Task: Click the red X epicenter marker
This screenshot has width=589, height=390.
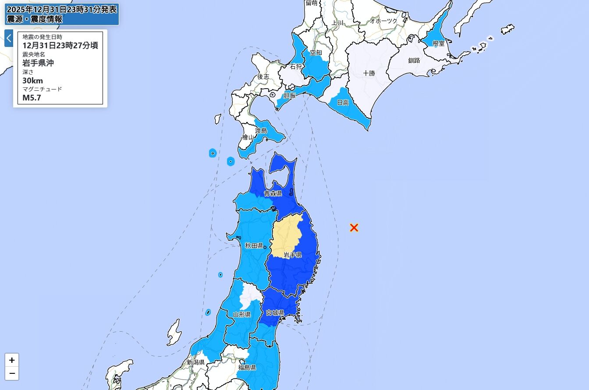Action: tap(354, 228)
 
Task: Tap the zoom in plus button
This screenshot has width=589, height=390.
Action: tap(12, 360)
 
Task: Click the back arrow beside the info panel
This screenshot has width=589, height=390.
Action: tap(9, 38)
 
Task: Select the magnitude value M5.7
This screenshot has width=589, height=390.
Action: tap(32, 98)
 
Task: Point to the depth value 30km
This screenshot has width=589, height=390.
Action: tap(33, 80)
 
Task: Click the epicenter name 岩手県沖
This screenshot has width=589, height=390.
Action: tap(38, 63)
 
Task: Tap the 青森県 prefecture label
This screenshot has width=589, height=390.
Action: tap(273, 193)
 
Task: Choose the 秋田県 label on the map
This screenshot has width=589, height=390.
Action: tap(254, 245)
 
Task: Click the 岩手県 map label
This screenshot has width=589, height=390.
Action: tap(292, 255)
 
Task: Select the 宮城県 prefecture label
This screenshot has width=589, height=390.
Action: tap(275, 313)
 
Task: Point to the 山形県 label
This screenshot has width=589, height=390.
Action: tap(241, 314)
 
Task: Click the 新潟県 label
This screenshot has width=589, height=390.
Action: tap(195, 362)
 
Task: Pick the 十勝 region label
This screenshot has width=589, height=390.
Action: tap(369, 73)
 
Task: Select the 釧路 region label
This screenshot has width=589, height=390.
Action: tap(414, 61)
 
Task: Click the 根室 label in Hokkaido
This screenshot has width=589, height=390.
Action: tap(438, 43)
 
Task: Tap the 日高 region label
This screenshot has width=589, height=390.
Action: tap(343, 102)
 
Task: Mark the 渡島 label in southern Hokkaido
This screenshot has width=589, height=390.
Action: tap(261, 130)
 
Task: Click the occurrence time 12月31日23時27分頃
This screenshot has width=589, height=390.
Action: tap(60, 45)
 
